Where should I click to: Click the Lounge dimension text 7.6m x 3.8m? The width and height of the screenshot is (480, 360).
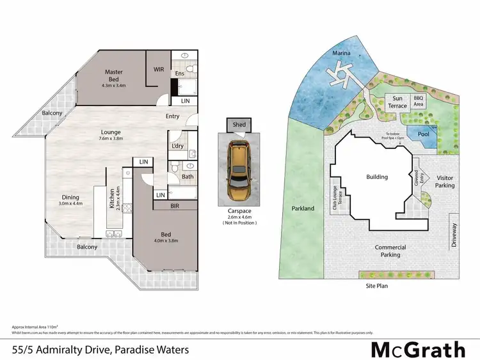[x=110, y=138]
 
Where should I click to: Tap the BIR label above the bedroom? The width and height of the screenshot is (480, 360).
[x=174, y=207]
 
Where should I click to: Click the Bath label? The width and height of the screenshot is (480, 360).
[x=188, y=176]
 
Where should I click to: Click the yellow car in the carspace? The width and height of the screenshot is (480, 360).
[x=239, y=171]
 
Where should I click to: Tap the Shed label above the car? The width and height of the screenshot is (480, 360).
[x=239, y=125]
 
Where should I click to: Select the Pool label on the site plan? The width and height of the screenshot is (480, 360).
[x=423, y=135]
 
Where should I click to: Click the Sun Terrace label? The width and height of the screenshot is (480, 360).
[x=398, y=102]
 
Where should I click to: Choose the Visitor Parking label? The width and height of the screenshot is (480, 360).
[x=445, y=182]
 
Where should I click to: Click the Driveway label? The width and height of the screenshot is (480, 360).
[x=455, y=235]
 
